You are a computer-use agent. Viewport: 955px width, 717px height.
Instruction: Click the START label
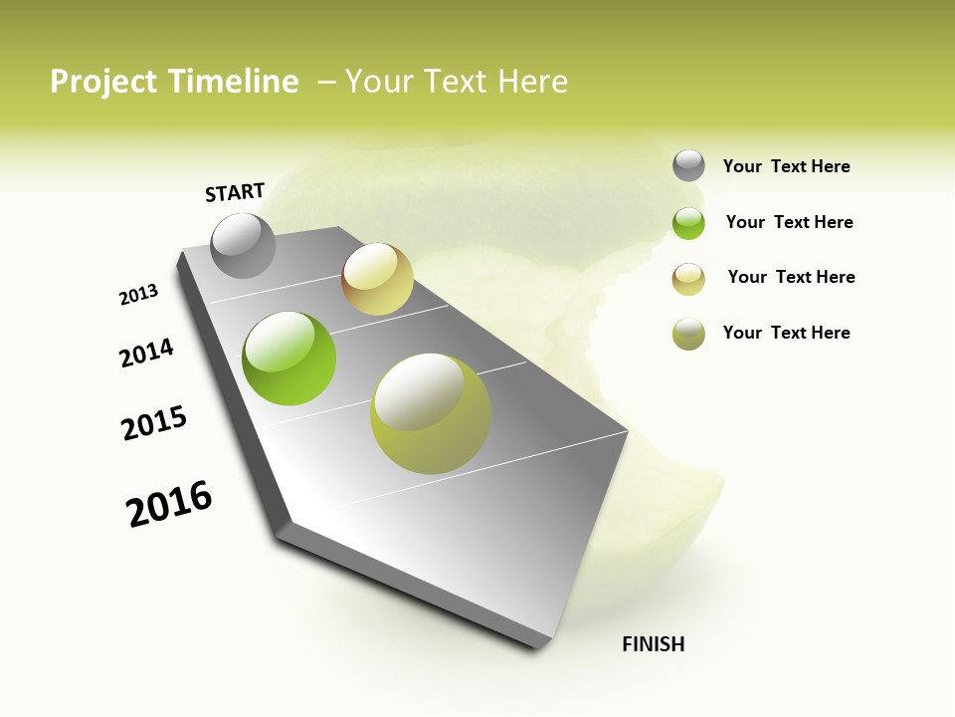[235, 192]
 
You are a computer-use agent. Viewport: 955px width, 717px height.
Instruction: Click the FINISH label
[653, 644]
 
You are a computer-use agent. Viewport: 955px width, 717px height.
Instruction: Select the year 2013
[138, 295]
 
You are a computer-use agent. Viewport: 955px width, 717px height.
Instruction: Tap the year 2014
[146, 353]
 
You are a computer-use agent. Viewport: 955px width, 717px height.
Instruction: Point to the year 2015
[154, 423]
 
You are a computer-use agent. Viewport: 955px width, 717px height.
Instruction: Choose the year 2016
[169, 503]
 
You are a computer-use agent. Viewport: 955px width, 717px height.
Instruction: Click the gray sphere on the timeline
[244, 246]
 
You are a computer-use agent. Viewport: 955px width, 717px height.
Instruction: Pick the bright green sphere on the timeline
[289, 358]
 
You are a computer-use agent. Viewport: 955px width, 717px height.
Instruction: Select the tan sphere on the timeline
[377, 279]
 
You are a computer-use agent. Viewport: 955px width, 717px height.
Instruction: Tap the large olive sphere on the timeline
[430, 413]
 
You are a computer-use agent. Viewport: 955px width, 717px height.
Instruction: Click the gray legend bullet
[688, 165]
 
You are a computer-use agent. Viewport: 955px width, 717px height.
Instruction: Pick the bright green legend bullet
[688, 223]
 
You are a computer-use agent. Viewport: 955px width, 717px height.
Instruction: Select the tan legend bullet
[688, 279]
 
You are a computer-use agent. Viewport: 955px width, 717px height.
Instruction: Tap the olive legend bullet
[688, 335]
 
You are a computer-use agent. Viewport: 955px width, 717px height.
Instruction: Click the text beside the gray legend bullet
[786, 166]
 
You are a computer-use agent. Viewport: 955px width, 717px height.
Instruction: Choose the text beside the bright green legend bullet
[789, 222]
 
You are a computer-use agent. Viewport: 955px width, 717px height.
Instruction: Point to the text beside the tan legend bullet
[791, 277]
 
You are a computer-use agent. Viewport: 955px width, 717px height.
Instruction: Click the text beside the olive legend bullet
[786, 333]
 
